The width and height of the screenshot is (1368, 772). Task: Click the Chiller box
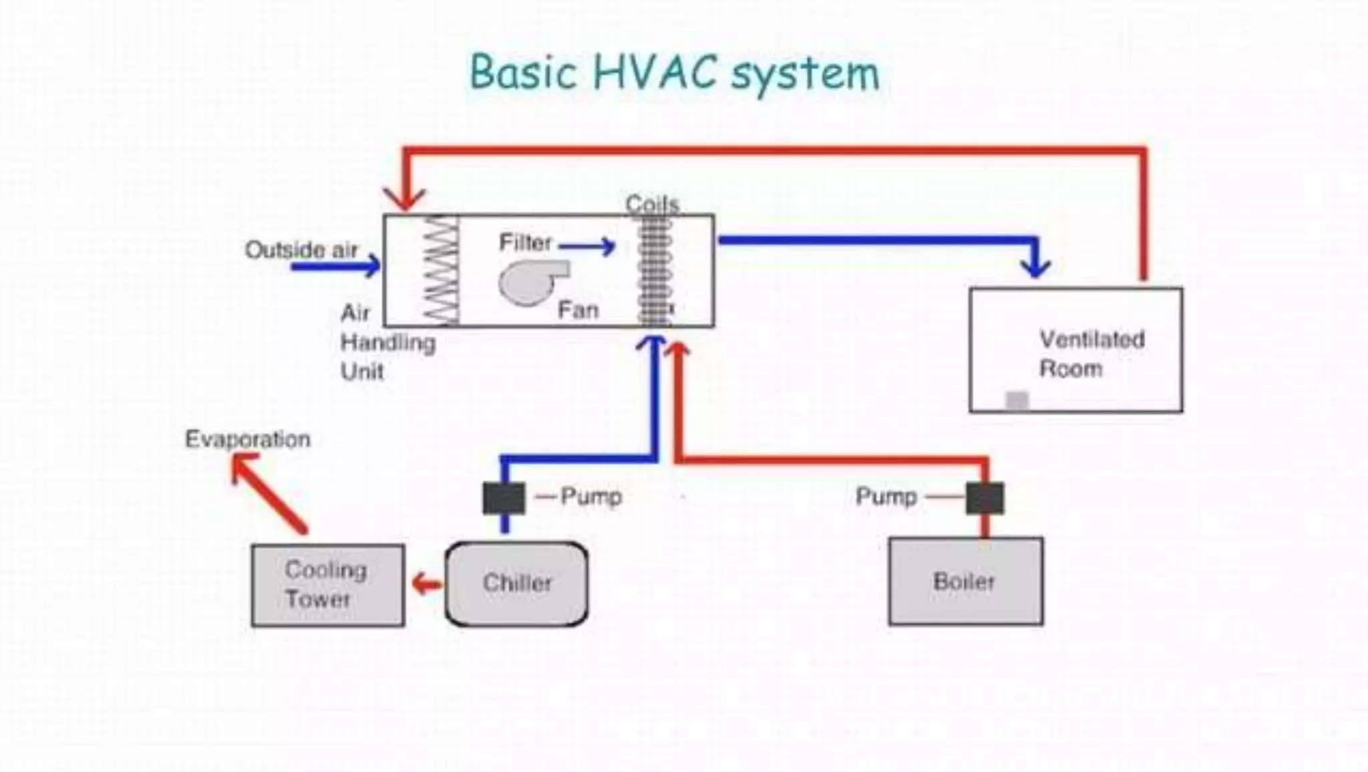516,584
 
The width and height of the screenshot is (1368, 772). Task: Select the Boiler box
965,581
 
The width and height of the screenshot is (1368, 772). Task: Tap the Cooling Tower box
327,585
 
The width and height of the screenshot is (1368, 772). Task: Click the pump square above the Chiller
504,498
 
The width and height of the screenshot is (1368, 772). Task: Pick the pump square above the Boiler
985,498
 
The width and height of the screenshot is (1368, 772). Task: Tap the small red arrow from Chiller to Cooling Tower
427,584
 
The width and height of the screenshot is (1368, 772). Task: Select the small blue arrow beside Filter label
587,247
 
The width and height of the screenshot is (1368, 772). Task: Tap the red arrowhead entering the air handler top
405,199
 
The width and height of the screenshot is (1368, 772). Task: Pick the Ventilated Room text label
1091,354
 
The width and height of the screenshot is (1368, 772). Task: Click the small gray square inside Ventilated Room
1017,400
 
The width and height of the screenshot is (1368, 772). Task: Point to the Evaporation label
247,439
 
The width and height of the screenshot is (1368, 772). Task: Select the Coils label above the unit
652,204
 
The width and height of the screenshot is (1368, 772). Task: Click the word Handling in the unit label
387,343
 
